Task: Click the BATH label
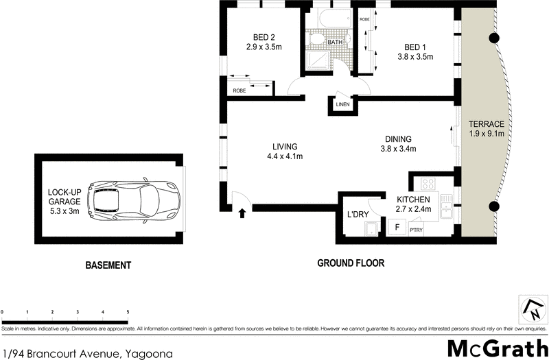click(335, 43)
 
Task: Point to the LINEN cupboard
click(342, 105)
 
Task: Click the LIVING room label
click(284, 147)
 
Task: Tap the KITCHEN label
click(413, 199)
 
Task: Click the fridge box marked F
click(396, 227)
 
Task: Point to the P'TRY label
click(416, 230)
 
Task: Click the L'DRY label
click(358, 215)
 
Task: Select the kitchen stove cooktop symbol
click(428, 184)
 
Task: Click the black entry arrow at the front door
click(242, 213)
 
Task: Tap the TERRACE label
click(487, 124)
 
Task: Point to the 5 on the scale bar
click(128, 312)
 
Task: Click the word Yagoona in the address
click(147, 353)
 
